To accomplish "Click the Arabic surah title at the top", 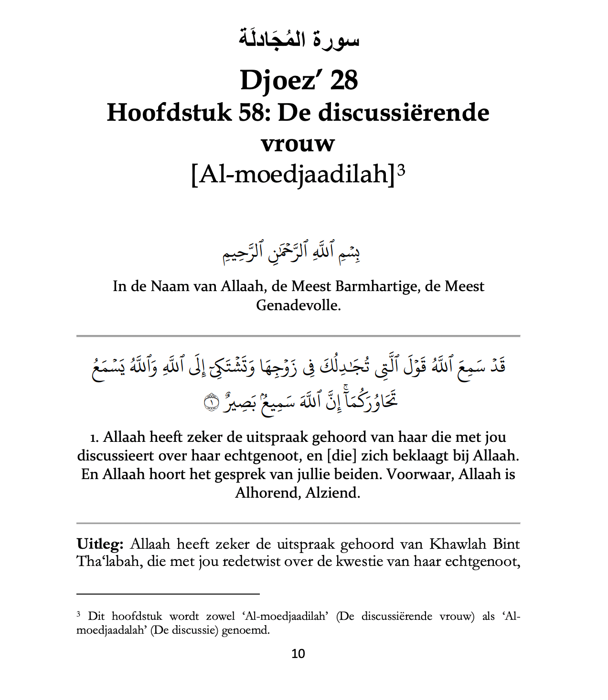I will (x=299, y=38).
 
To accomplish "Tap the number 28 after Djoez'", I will (x=344, y=80).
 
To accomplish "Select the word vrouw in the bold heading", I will (x=298, y=143).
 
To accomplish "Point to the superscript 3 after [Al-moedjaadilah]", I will (x=401, y=170).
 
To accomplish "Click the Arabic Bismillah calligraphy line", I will (x=291, y=253).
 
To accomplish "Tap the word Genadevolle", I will (x=298, y=305).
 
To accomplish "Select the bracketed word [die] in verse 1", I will (x=342, y=456).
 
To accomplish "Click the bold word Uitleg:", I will (x=100, y=544).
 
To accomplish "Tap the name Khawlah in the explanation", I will (x=458, y=544).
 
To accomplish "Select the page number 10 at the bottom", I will (x=298, y=654).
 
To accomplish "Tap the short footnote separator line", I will (x=168, y=594).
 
